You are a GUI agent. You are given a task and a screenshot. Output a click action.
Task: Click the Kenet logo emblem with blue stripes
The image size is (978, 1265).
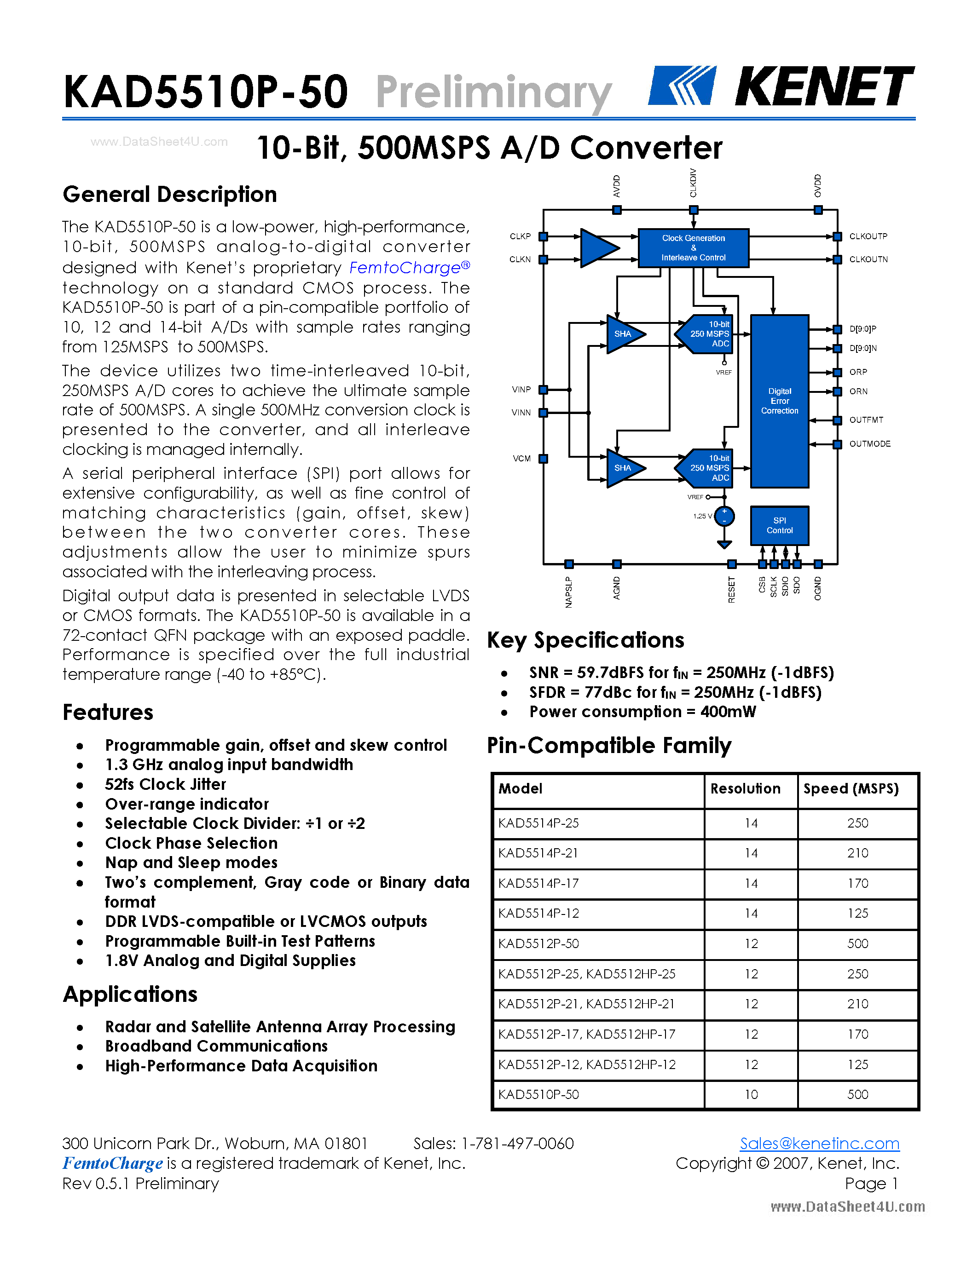pos(682,85)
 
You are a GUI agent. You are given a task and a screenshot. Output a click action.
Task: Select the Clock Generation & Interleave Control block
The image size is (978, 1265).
pos(693,248)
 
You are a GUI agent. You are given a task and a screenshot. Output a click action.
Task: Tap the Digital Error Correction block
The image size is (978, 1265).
pos(779,401)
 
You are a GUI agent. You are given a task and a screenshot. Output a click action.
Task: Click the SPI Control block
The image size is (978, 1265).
pos(779,525)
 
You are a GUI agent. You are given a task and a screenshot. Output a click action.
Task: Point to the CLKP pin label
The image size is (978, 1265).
pos(520,236)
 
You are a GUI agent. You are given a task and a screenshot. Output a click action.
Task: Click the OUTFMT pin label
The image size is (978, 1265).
pos(866,420)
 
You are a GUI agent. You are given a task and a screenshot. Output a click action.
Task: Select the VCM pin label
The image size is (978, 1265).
pos(521,459)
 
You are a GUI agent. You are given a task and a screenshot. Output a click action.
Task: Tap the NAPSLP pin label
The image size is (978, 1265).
pos(569,592)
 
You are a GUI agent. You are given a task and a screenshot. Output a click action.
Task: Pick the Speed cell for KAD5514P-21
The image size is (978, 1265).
pos(857,853)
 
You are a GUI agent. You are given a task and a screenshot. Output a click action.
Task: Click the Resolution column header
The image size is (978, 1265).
pos(745,789)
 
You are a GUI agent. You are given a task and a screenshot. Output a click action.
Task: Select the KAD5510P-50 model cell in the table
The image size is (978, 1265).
pos(539,1095)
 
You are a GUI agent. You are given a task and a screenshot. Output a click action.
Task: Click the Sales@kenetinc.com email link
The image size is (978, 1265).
pos(819,1144)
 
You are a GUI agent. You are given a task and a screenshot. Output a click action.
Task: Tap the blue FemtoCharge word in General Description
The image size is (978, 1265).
pos(405,268)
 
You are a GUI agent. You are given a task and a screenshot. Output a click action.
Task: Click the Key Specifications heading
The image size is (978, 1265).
pos(585,640)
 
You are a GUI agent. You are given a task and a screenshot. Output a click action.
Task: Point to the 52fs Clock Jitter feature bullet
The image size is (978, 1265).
pos(165,784)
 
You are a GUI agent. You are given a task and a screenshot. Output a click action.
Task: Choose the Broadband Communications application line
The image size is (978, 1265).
pos(216,1046)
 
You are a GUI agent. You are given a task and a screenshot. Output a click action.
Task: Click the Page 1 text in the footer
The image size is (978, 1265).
pos(871,1183)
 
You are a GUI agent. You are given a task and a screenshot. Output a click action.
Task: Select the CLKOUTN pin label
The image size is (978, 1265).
pos(868,259)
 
